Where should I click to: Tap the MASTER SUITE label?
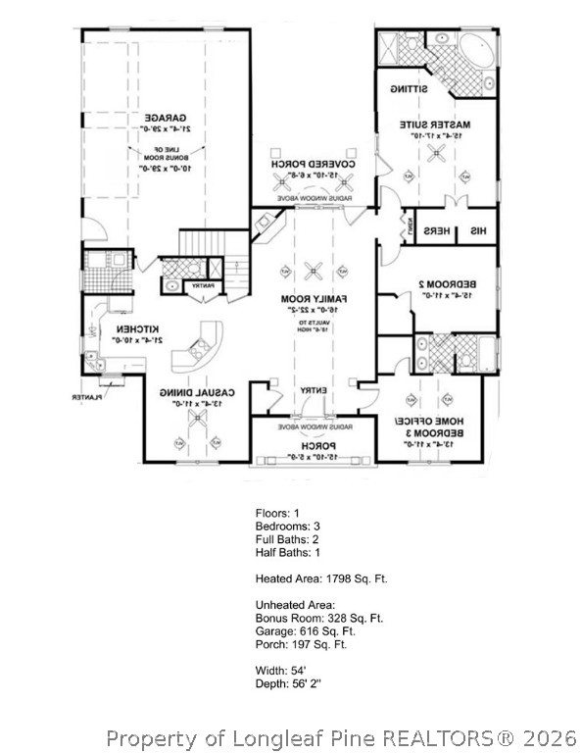[x=436, y=125]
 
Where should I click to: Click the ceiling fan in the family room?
[x=314, y=271]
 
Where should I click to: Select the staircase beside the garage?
[x=199, y=241]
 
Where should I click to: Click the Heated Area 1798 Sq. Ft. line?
[x=321, y=579]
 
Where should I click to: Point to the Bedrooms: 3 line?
[x=287, y=527]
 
